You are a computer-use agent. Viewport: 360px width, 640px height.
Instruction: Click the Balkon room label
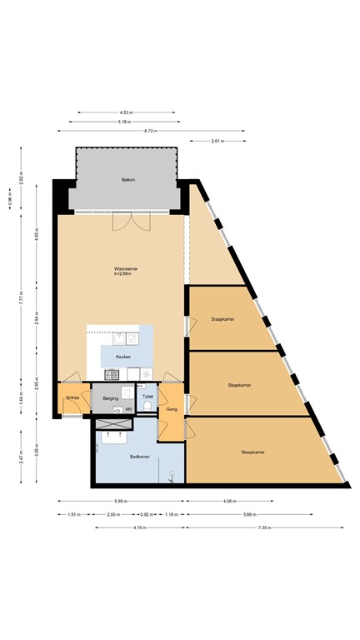[x=127, y=180]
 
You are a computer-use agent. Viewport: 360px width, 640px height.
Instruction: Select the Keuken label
[x=123, y=356]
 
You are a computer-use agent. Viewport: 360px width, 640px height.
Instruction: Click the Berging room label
[x=111, y=398]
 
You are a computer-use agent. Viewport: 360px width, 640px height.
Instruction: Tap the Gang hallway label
[x=172, y=409]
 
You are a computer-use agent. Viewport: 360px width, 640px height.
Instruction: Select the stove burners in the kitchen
[x=147, y=372]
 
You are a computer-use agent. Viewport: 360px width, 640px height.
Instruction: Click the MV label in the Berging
[x=128, y=410]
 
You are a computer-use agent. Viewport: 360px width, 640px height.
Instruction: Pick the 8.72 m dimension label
[x=150, y=131]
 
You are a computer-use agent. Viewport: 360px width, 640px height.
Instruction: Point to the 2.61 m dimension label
[x=217, y=141]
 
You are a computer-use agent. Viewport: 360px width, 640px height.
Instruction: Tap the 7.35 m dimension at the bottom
[x=266, y=527]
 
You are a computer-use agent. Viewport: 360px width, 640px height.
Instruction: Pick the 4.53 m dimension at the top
[x=125, y=112]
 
